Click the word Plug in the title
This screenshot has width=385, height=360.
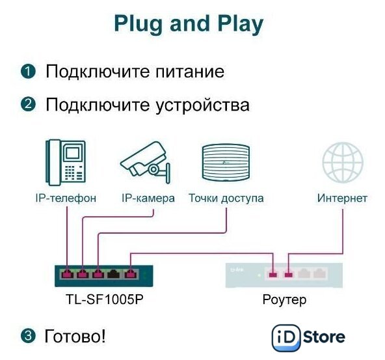(x=139, y=24)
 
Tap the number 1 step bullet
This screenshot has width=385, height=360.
(x=28, y=71)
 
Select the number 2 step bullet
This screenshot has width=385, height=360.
(x=28, y=104)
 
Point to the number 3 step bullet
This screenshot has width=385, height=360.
(x=28, y=336)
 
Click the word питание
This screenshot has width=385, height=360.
(x=190, y=72)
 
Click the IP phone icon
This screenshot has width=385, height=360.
(x=66, y=163)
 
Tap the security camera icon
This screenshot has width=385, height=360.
(x=146, y=163)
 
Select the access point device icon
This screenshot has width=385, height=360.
(x=226, y=163)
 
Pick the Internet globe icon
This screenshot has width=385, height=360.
(x=343, y=163)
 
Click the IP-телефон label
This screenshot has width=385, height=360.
(x=66, y=198)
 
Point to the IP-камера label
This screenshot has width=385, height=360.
(x=148, y=198)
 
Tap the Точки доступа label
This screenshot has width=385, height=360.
(x=226, y=199)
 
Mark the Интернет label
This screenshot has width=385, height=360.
(x=342, y=198)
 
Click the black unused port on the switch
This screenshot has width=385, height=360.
(x=113, y=274)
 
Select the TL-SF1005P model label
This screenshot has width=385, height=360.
(x=105, y=299)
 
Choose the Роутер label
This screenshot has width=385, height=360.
(x=284, y=300)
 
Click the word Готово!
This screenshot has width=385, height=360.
(x=75, y=336)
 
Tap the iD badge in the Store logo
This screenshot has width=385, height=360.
(x=286, y=338)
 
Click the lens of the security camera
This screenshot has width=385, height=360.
(x=153, y=169)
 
